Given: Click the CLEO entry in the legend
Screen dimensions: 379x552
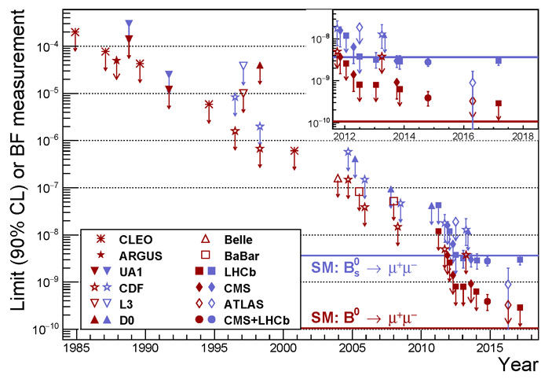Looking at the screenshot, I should click(139, 238).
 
